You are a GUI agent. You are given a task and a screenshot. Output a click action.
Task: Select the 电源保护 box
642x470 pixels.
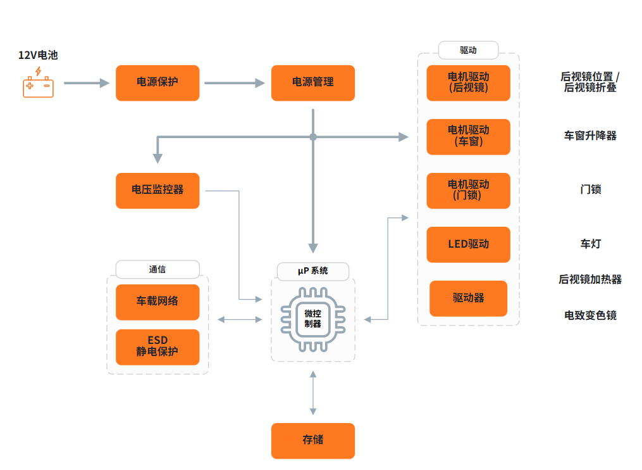157,83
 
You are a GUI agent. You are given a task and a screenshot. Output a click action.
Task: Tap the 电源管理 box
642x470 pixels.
313,83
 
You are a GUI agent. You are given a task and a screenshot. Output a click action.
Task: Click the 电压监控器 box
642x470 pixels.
157,191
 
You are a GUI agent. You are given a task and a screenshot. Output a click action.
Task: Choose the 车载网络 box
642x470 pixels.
157,302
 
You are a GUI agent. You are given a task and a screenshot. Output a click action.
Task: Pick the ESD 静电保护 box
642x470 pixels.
157,347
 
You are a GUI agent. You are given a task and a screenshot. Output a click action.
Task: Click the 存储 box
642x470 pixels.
313,441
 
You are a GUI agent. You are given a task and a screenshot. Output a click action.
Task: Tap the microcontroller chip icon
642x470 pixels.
313,319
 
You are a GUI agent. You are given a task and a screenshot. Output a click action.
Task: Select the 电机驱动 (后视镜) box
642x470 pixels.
469,83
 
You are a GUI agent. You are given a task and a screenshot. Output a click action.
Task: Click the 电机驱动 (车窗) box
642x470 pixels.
469,137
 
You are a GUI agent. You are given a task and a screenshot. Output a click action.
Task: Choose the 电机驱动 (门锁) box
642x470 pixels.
469,191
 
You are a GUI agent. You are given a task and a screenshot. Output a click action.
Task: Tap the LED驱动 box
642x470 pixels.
469,245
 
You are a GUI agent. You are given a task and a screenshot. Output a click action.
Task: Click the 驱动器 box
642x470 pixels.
469,298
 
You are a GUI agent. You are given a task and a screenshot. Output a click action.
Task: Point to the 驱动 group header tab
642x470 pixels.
469,50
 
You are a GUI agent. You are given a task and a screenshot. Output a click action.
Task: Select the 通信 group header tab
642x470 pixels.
157,269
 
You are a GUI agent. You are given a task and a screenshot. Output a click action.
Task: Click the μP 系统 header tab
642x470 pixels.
313,271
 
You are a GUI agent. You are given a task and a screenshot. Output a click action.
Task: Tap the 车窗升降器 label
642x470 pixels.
590,136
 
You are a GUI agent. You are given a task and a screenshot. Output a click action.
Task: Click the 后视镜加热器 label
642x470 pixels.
590,279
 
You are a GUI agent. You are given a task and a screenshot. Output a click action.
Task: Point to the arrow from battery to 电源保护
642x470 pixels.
87,83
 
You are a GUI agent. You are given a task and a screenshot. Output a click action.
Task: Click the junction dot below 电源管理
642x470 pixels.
313,137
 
